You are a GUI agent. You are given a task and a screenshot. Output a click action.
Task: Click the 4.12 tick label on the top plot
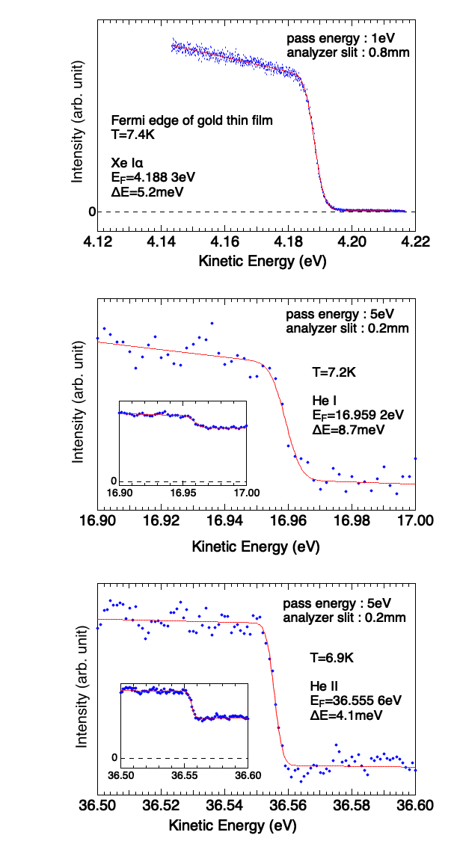pos(99,241)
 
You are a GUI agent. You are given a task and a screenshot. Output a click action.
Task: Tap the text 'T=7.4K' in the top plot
pos(129,135)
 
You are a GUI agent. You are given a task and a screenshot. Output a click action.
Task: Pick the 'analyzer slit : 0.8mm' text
pos(347,52)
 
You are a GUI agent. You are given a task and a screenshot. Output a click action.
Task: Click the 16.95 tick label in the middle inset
pos(183,493)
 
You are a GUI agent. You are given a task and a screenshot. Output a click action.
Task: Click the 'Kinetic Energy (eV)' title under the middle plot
pos(255,547)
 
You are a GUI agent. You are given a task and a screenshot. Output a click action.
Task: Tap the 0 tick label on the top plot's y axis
pos(92,212)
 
